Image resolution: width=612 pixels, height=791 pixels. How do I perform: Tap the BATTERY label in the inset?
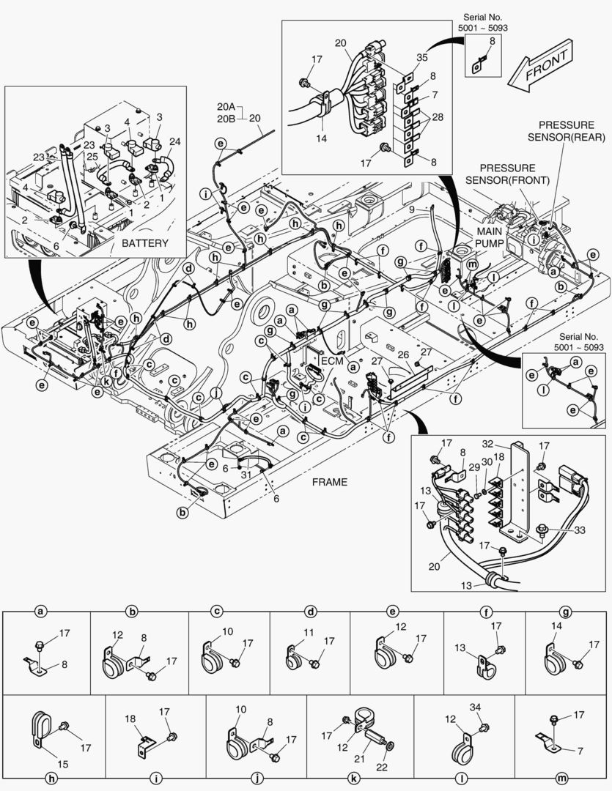(x=144, y=243)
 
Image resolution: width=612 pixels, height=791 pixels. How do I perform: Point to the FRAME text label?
(x=330, y=483)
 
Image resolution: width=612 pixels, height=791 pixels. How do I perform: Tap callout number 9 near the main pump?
(x=433, y=209)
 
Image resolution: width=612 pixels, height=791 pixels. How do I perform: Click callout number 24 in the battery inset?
(x=174, y=141)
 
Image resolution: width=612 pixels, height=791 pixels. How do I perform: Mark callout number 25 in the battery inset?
(x=92, y=157)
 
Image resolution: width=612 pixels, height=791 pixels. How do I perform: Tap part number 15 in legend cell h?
(x=62, y=764)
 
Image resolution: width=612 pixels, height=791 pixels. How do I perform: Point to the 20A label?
(x=224, y=105)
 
